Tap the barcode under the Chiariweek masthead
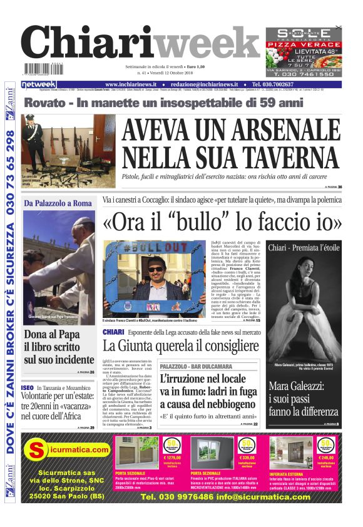(44, 69)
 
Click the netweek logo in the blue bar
(39, 84)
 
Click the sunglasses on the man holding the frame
(156, 269)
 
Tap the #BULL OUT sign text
(154, 248)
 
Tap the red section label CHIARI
(113, 332)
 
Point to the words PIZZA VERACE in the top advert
(304, 45)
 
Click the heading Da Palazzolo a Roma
(58, 203)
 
